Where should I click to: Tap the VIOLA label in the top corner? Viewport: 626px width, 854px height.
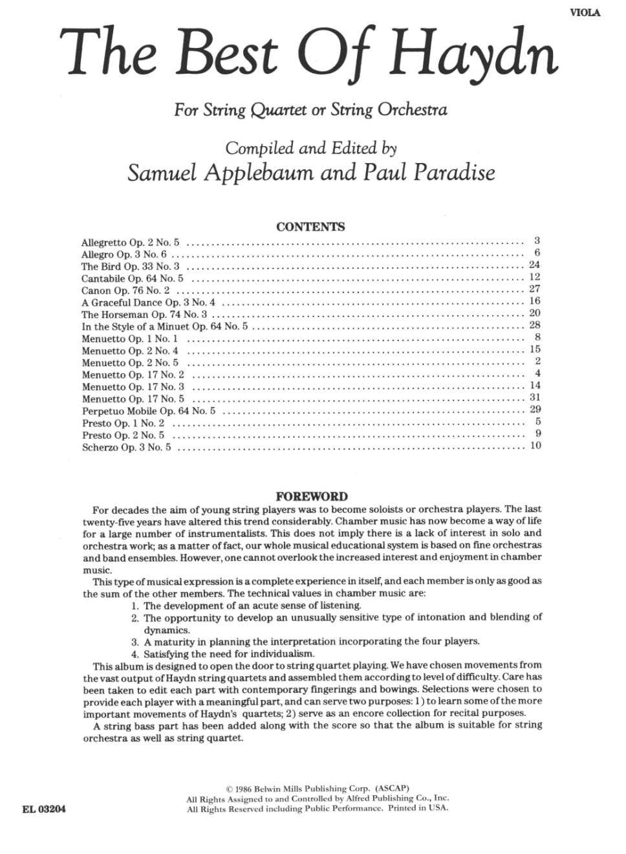pyautogui.click(x=585, y=12)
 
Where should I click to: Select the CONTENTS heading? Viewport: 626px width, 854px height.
pyautogui.click(x=310, y=227)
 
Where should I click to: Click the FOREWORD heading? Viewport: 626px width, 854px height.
pyautogui.click(x=312, y=497)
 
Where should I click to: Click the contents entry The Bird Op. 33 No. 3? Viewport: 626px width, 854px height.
pyautogui.click(x=130, y=267)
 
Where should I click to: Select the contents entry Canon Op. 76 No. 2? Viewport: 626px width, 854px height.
pyautogui.click(x=125, y=290)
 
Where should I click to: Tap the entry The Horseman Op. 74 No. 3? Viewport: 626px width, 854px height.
pyautogui.click(x=144, y=314)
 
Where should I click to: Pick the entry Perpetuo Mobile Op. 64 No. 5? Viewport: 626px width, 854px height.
pyautogui.click(x=149, y=411)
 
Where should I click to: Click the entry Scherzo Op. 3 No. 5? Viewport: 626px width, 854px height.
pyautogui.click(x=127, y=447)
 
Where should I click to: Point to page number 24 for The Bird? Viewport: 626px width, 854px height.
pyautogui.click(x=534, y=265)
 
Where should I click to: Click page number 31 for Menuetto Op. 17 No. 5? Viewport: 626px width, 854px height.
pyautogui.click(x=534, y=398)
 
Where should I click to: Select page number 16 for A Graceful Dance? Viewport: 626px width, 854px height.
pyautogui.click(x=534, y=301)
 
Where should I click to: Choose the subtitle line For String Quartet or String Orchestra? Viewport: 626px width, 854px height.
pyautogui.click(x=310, y=109)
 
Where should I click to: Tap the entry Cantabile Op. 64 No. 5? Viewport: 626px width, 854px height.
pyautogui.click(x=132, y=279)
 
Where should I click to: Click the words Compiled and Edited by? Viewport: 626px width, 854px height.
pyautogui.click(x=310, y=148)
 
